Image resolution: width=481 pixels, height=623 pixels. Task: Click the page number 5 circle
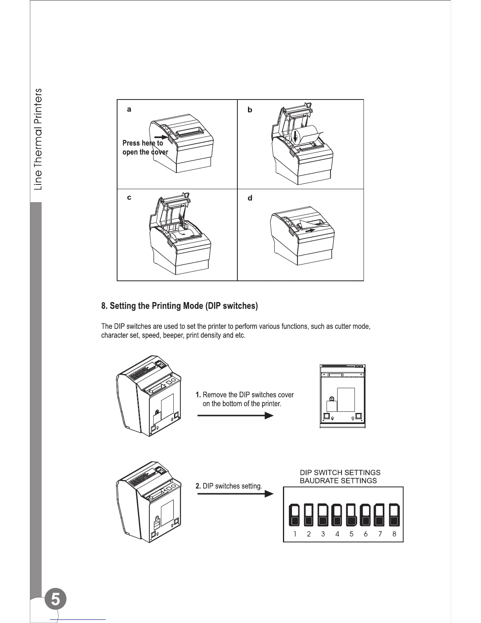pos(55,600)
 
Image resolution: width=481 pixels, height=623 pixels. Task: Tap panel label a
pos(129,110)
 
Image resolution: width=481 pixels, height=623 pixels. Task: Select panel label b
pos(250,110)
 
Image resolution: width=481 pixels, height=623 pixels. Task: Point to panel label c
pos(129,198)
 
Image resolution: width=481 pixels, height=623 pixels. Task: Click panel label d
pos(250,198)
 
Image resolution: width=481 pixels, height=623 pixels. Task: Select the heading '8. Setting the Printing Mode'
pos(180,306)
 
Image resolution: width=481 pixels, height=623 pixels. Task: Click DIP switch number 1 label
pos(295,534)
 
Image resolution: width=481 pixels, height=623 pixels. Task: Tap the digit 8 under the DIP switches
pos(394,534)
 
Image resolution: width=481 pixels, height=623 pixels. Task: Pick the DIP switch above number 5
pos(351,515)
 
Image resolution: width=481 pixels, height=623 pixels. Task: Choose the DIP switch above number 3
pos(323,515)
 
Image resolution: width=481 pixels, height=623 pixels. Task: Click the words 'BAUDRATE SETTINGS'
pos(338,481)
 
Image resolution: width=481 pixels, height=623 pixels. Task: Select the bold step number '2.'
pos(198,486)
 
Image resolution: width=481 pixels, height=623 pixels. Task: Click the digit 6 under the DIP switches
pos(366,534)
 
